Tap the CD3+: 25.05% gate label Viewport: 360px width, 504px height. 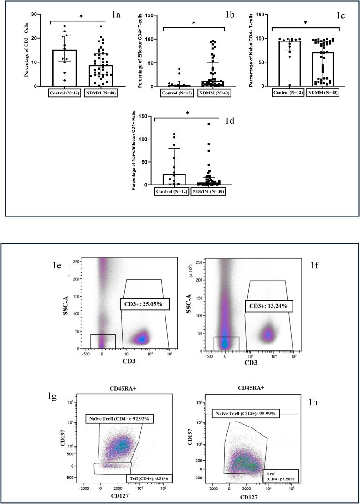pos(144,304)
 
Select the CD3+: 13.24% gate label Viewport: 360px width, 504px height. pos(268,306)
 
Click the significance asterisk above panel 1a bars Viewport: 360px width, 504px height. pos(81,16)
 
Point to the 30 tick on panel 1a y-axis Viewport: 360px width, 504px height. pos(34,14)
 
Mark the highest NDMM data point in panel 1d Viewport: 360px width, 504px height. pos(209,124)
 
